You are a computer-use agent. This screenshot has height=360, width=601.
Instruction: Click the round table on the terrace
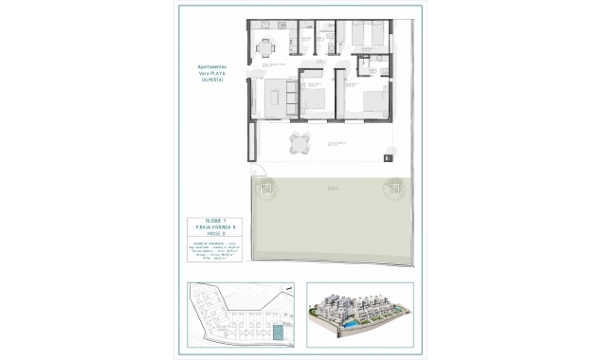299,144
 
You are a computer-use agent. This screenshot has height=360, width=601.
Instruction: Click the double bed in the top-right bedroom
367,35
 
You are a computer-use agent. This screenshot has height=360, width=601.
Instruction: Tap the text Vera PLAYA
210,75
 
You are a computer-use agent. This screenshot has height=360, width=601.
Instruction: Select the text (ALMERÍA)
210,81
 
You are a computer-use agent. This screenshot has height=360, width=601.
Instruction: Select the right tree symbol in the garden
391,189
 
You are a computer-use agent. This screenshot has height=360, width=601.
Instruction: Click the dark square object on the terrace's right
390,159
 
